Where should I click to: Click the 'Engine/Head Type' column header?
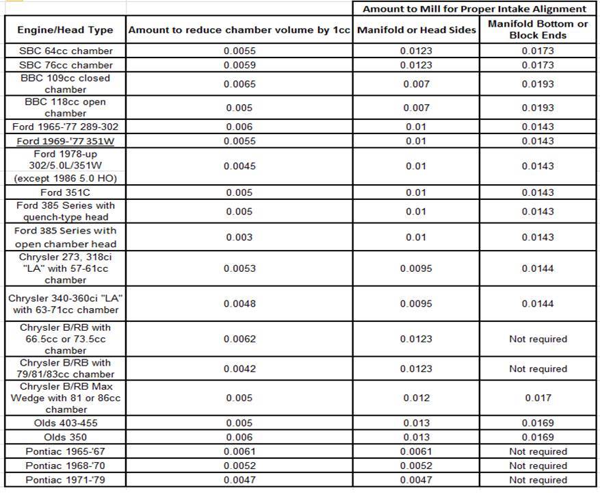(x=66, y=30)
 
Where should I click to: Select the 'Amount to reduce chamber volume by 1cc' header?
(x=239, y=30)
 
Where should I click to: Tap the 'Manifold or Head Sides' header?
(x=416, y=30)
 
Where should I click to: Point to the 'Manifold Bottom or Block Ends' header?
(x=538, y=29)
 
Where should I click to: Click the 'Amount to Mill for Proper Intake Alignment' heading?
(x=474, y=9)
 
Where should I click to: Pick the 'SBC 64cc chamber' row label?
(x=66, y=51)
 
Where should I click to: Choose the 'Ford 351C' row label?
(x=66, y=192)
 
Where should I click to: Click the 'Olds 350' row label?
(x=66, y=437)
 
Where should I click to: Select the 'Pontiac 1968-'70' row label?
(x=66, y=466)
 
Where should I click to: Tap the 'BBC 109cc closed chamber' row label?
(x=66, y=84)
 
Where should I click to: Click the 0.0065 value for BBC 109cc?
(x=239, y=84)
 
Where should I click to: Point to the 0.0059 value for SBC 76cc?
(x=239, y=65)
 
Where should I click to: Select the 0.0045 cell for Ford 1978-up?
(x=239, y=166)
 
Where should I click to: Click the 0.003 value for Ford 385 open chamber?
(x=239, y=237)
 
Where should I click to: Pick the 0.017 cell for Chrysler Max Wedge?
(x=538, y=398)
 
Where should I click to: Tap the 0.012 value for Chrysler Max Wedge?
(x=416, y=398)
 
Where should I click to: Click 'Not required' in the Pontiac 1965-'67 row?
(x=538, y=451)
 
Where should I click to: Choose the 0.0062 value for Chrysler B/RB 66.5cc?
(x=239, y=339)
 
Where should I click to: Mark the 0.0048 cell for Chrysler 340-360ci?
(x=239, y=303)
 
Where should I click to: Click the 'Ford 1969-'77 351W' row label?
(x=66, y=141)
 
